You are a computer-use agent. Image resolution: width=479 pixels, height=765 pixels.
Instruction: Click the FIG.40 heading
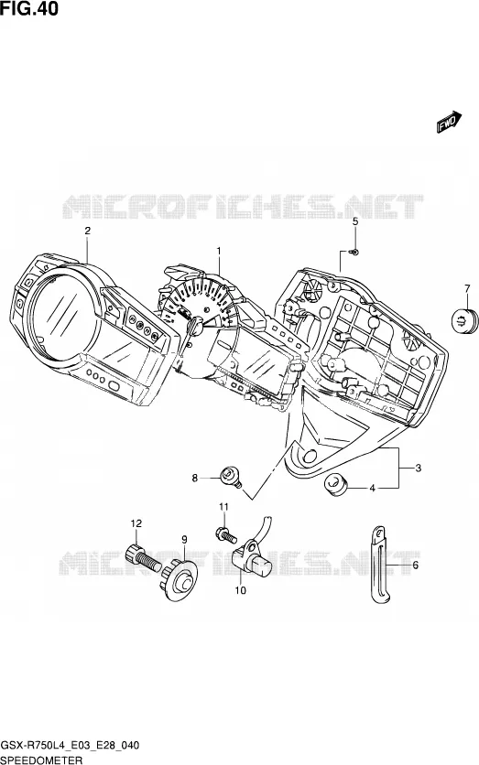pos(28,8)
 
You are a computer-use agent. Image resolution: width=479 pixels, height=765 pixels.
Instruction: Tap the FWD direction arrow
pos(449,122)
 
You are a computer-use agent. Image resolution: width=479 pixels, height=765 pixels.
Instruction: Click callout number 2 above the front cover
pos(87,231)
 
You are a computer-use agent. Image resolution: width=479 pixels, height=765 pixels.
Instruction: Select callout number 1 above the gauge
pos(219,252)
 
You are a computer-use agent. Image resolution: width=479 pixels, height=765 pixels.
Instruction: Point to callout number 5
pos(355,221)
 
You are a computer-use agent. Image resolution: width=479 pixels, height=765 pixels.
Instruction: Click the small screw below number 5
pos(355,252)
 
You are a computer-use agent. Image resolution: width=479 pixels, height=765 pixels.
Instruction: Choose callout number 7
pos(467,288)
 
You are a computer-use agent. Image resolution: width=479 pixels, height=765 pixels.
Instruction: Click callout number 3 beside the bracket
pos(418,469)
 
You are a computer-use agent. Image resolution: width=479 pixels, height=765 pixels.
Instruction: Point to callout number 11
pos(223,507)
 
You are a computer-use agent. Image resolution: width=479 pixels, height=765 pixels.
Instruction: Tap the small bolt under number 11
pos(226,534)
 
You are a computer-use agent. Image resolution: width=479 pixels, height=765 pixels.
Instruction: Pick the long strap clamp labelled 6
pos(379,565)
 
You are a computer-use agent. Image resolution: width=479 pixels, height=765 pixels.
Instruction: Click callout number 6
pos(416,566)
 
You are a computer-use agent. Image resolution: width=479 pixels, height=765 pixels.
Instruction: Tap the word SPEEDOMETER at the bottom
pos(35,760)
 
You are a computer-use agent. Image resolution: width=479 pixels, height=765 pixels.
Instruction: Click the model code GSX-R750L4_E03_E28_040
pos(70,746)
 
